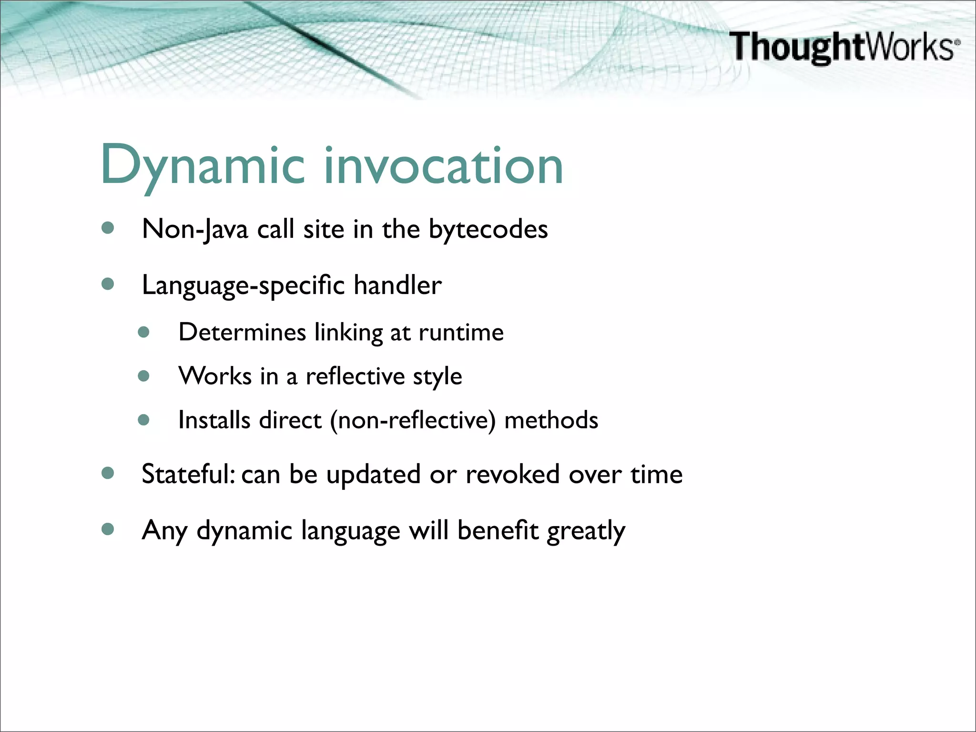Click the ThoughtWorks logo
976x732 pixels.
(x=844, y=47)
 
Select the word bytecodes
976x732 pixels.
(x=488, y=230)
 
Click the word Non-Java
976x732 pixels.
(x=195, y=230)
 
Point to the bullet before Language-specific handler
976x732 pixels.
(x=108, y=285)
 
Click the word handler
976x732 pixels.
(x=397, y=285)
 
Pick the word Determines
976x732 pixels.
(x=242, y=332)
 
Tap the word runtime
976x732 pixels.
(x=461, y=332)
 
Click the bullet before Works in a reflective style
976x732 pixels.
(x=144, y=376)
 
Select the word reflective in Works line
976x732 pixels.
(x=355, y=376)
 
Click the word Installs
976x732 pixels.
(x=214, y=420)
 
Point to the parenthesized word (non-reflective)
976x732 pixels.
(x=413, y=420)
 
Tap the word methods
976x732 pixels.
(x=551, y=420)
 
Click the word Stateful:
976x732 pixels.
(x=188, y=475)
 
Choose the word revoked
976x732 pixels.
(x=512, y=475)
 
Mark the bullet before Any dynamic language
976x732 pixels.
(x=108, y=529)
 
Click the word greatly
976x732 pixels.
(x=586, y=531)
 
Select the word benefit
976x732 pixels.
(x=498, y=530)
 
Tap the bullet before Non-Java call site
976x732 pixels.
(x=108, y=228)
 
